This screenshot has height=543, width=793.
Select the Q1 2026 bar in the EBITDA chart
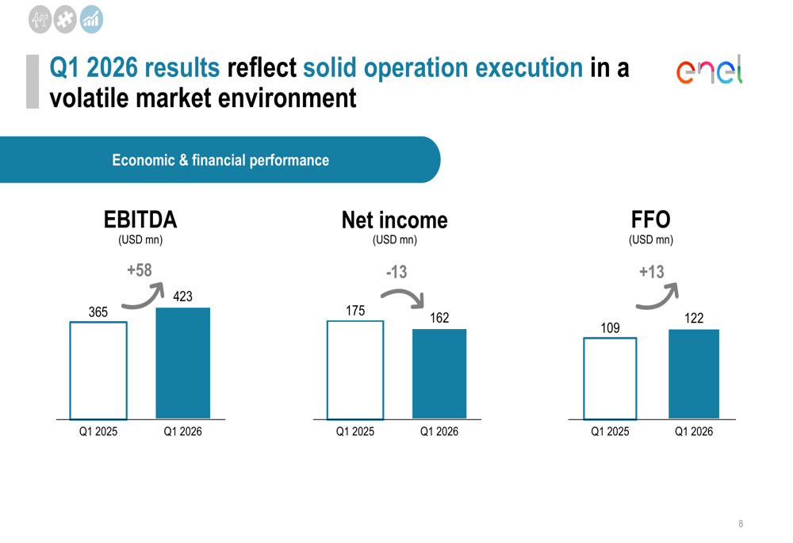(183, 363)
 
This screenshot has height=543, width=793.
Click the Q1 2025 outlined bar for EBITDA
(98, 370)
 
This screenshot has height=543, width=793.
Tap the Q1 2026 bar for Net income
(439, 373)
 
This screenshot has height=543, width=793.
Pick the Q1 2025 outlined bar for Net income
(355, 369)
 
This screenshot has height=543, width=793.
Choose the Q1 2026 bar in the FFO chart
(694, 373)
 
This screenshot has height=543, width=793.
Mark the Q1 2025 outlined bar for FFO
(610, 378)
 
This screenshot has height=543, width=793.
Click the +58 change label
(140, 270)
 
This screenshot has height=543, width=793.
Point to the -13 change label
(396, 272)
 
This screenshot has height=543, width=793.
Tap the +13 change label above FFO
(651, 272)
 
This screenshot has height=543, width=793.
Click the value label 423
(182, 297)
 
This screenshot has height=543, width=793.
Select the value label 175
(355, 311)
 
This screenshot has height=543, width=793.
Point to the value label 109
(610, 327)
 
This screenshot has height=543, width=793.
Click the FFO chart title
(650, 219)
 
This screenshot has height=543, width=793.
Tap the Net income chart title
(394, 220)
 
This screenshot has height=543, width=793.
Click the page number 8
(741, 524)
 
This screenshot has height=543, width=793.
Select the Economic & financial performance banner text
(220, 160)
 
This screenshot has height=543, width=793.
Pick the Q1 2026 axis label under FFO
(694, 432)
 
